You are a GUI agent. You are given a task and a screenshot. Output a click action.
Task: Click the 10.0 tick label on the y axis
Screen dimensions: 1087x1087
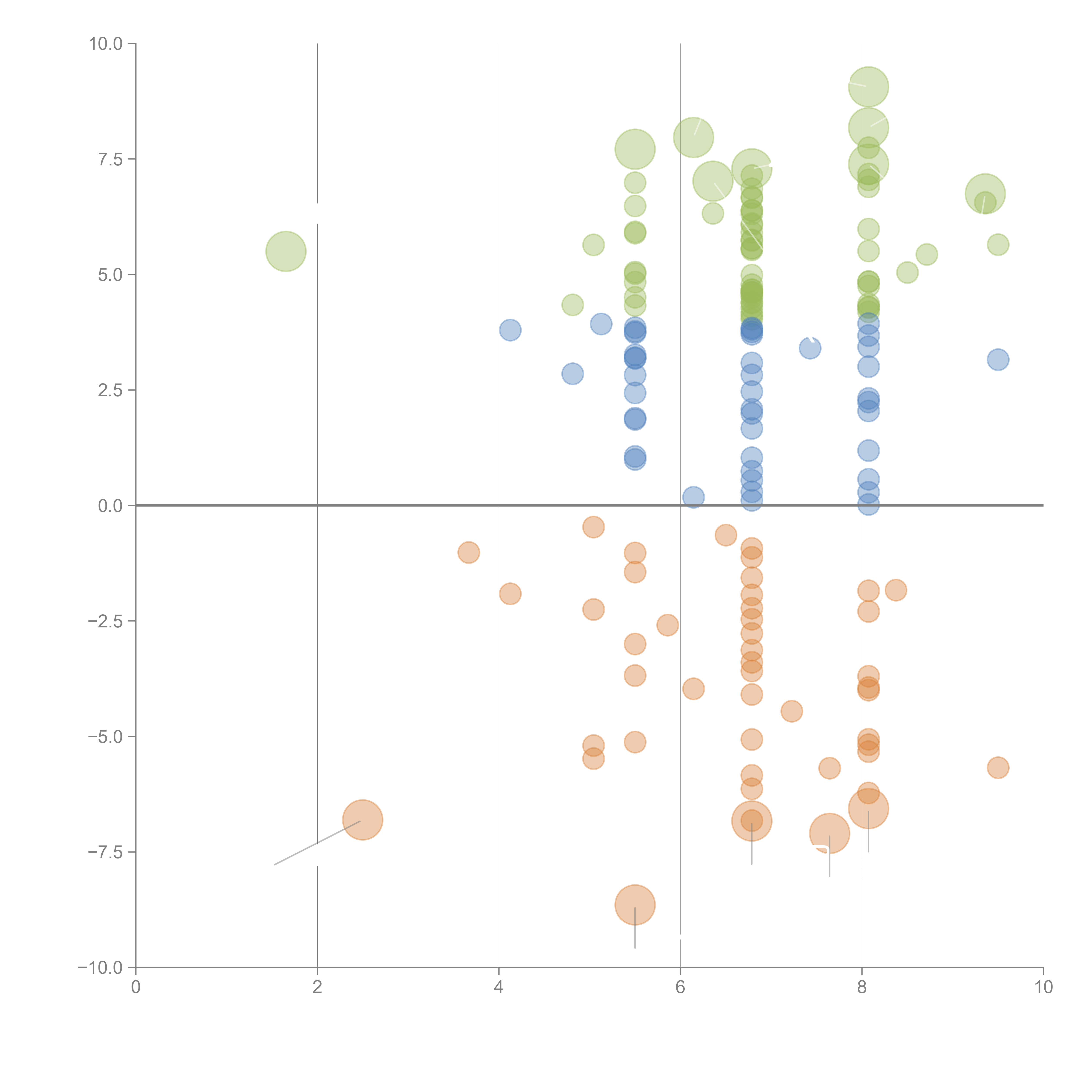[106, 44]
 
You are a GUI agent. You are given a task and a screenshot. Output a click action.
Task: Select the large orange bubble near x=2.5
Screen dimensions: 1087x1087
[363, 820]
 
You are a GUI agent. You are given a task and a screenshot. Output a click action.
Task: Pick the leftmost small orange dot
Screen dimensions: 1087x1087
[469, 552]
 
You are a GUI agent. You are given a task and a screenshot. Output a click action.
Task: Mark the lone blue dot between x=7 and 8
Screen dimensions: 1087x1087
[810, 348]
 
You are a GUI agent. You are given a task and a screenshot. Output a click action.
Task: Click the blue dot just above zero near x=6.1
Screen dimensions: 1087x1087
[693, 497]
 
